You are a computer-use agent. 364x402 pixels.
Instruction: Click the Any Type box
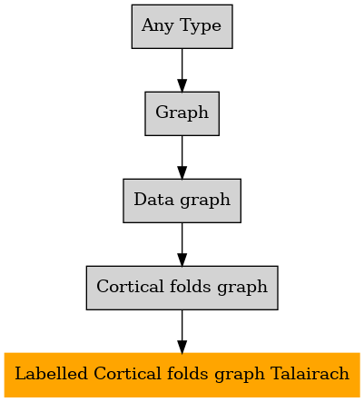[x=182, y=26]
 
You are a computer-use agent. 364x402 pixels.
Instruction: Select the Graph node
[x=182, y=113]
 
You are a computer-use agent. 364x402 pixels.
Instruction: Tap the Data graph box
[x=182, y=201]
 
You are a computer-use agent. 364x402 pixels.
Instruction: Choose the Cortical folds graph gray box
[x=182, y=288]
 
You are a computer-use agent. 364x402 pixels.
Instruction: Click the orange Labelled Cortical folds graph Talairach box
[x=182, y=375]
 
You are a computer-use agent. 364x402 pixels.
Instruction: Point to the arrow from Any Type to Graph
[x=182, y=70]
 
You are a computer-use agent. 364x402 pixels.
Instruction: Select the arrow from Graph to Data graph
[x=182, y=157]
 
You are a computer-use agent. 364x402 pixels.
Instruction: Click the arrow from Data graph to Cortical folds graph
[x=182, y=244]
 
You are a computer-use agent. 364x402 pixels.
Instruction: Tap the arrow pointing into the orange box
[x=182, y=331]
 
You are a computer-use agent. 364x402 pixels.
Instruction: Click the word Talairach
[x=310, y=373]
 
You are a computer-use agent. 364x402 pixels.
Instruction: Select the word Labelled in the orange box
[x=51, y=373]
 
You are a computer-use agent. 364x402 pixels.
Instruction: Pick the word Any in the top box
[x=157, y=25]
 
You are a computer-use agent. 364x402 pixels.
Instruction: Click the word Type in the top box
[x=201, y=25]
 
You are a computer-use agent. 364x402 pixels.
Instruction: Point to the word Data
[x=153, y=200]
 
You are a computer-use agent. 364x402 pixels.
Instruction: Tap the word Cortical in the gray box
[x=130, y=286]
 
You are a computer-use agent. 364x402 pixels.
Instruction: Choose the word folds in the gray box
[x=190, y=286]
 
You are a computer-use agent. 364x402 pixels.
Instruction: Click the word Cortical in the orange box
[x=127, y=373]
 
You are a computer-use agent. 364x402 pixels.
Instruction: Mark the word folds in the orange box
[x=187, y=373]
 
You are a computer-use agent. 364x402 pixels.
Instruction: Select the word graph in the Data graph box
[x=205, y=201]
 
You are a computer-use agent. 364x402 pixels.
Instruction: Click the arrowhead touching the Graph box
[x=182, y=85]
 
